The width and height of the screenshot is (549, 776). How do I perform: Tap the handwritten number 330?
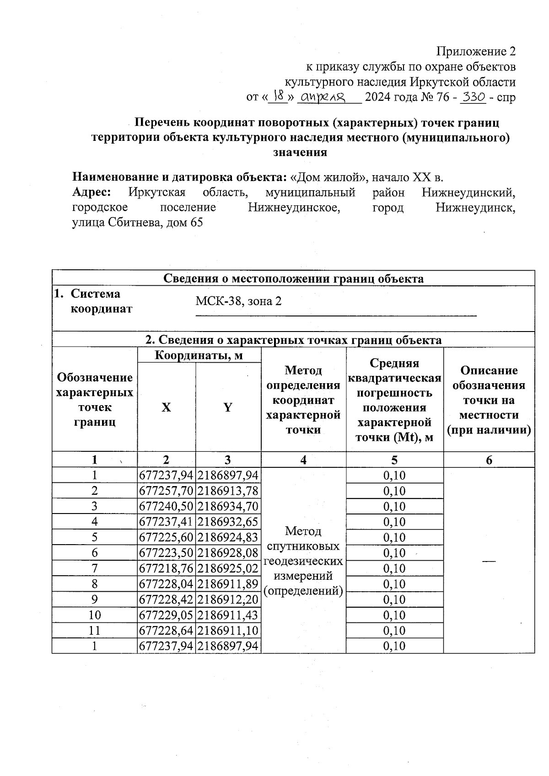pyautogui.click(x=473, y=96)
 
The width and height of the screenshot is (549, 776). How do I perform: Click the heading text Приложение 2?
pyautogui.click(x=476, y=51)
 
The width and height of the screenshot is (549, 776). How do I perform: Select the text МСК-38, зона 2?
pyautogui.click(x=238, y=301)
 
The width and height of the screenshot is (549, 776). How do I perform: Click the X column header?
pyautogui.click(x=166, y=407)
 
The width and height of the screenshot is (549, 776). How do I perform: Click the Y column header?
pyautogui.click(x=228, y=407)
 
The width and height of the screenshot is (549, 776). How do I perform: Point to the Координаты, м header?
pyautogui.click(x=199, y=355)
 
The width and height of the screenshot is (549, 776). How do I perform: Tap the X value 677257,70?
pyautogui.click(x=166, y=491)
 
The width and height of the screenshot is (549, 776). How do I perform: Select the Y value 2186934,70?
pyautogui.click(x=228, y=507)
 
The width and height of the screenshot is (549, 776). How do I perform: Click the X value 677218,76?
pyautogui.click(x=166, y=569)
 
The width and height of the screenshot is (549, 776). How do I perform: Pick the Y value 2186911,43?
pyautogui.click(x=228, y=615)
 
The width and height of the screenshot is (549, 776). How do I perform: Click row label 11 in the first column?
pyautogui.click(x=94, y=631)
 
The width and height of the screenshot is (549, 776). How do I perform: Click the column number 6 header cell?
pyautogui.click(x=489, y=460)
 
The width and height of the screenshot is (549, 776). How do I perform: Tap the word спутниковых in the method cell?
pyautogui.click(x=303, y=546)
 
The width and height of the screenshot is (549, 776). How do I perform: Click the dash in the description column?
pyautogui.click(x=489, y=561)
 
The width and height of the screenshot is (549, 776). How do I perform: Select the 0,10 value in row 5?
pyautogui.click(x=394, y=538)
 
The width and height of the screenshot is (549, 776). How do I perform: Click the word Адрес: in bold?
pyautogui.click(x=91, y=193)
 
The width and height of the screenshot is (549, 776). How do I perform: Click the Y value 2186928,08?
pyautogui.click(x=228, y=553)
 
